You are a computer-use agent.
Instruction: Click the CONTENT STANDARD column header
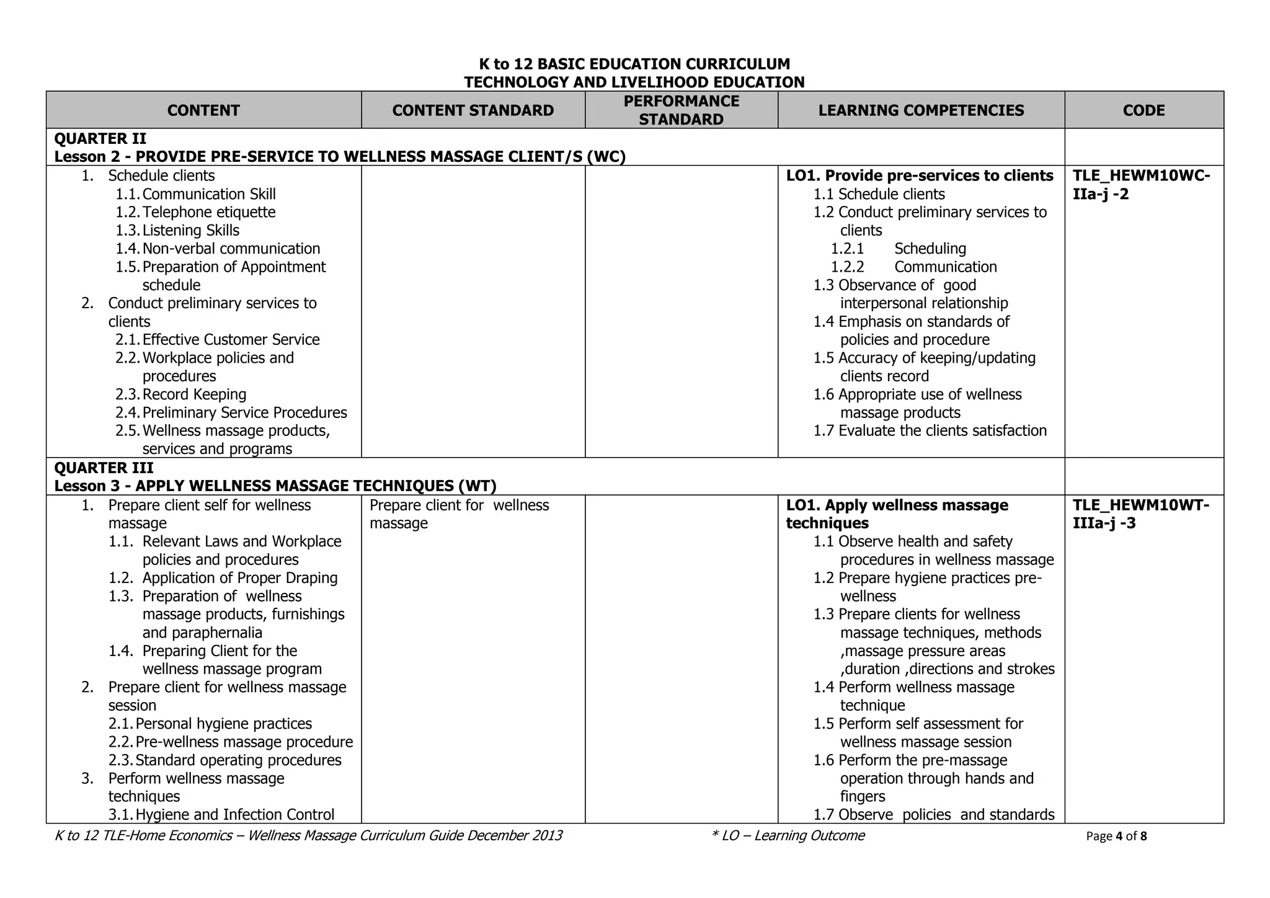tap(473, 110)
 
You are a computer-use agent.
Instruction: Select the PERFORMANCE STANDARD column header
tap(681, 110)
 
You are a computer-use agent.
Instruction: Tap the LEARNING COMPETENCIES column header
tap(921, 110)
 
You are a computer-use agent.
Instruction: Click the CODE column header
tap(1143, 110)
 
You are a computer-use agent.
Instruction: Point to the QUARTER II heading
tap(100, 138)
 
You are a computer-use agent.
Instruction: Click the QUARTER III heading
tap(104, 468)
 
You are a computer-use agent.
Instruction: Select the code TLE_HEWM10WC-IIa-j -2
tap(1141, 185)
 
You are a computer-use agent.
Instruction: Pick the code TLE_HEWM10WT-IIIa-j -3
tap(1141, 514)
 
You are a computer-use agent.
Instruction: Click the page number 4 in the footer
tap(1119, 836)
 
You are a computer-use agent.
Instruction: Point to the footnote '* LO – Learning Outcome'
tap(788, 836)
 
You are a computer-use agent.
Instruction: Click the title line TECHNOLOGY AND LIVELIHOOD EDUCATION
tap(634, 82)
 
